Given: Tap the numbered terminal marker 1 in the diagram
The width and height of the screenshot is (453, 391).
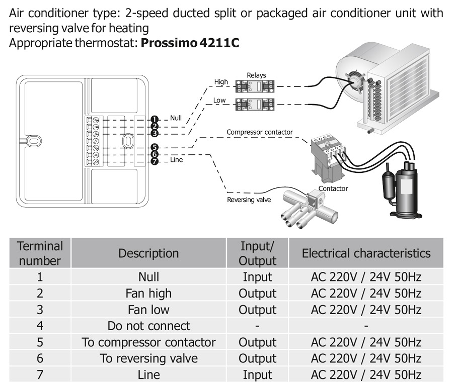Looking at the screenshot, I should pos(155,119).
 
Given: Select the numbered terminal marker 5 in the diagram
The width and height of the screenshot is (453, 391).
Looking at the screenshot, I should pos(155,147).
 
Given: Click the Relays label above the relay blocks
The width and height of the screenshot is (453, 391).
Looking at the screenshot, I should pos(256,75).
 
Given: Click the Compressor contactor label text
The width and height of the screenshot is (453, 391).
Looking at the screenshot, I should pos(259,132).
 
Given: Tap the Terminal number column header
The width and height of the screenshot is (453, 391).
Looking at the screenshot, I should pos(40,253).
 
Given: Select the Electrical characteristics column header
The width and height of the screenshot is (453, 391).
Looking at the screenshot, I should pos(366,253).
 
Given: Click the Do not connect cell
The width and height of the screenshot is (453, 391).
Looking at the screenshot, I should pos(148,326).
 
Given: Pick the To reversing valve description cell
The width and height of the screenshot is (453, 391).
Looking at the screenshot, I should pos(148,358).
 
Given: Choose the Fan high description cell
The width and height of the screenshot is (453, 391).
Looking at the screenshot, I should pos(148,293).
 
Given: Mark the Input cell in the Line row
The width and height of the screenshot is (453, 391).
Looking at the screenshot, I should pos(257,374).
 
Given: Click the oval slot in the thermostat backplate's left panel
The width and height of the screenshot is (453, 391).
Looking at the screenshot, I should pos(33,141).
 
